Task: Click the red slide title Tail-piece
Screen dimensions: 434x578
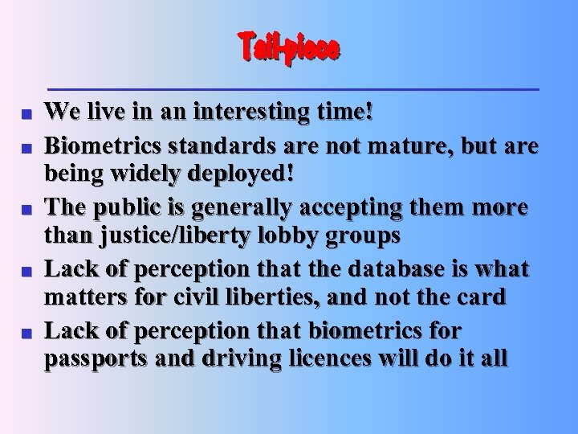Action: [289, 48]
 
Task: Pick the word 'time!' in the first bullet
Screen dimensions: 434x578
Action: [350, 112]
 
